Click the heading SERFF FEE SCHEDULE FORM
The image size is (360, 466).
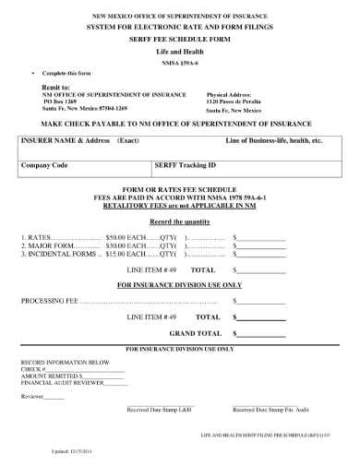point(180,41)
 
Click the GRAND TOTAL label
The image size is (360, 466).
point(195,333)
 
